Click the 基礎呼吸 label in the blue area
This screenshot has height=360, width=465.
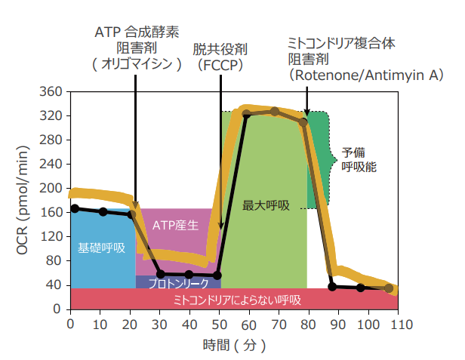point(102,247)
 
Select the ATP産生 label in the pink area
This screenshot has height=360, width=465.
point(175,225)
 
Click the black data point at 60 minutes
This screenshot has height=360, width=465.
point(246,114)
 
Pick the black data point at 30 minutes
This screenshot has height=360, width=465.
point(159,274)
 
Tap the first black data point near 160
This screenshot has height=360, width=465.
point(74,208)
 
